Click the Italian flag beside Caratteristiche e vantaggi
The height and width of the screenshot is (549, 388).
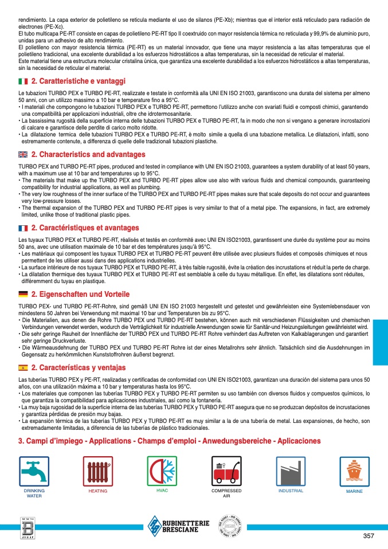tap(23, 81)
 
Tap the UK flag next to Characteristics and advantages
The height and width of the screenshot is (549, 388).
tap(23, 155)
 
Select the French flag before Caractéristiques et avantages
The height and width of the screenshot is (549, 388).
tap(23, 228)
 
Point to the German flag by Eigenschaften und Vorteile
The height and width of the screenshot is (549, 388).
tap(23, 294)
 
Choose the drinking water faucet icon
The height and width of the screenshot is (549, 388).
tap(34, 472)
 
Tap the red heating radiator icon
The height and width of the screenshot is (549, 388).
tap(98, 472)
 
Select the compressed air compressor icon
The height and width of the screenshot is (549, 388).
tap(226, 472)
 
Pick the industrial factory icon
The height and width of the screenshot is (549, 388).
tap(291, 472)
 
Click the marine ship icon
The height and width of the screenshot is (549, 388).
tap(354, 472)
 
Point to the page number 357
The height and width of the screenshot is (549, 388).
tap(369, 536)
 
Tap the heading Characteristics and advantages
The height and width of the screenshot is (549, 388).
tap(88, 155)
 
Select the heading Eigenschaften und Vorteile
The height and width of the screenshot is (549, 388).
tap(80, 294)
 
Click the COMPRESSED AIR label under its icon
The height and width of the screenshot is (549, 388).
tap(226, 493)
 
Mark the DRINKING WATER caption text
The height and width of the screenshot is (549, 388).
tap(34, 493)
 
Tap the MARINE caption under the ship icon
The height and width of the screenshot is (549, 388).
tap(354, 492)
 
